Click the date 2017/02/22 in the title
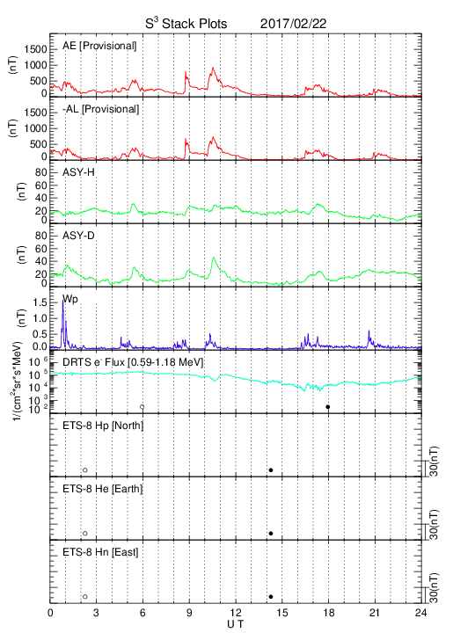click(293, 24)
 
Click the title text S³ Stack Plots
click(186, 24)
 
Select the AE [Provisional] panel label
click(99, 46)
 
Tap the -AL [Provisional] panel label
click(100, 109)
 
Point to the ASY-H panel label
click(78, 172)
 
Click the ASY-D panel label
click(78, 236)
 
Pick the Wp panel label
click(69, 300)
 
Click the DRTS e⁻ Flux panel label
click(133, 362)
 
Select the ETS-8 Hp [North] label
click(103, 426)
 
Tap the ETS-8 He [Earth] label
click(103, 489)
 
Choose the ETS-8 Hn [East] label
click(100, 552)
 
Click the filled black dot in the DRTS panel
click(328, 407)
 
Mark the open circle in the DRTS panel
click(142, 407)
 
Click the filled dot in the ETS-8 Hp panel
click(271, 469)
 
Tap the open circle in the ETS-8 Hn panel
click(85, 597)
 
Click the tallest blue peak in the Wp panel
click(63, 301)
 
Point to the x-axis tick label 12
click(236, 613)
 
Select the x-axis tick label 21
click(375, 613)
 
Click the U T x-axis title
click(236, 624)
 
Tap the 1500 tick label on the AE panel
click(35, 49)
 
